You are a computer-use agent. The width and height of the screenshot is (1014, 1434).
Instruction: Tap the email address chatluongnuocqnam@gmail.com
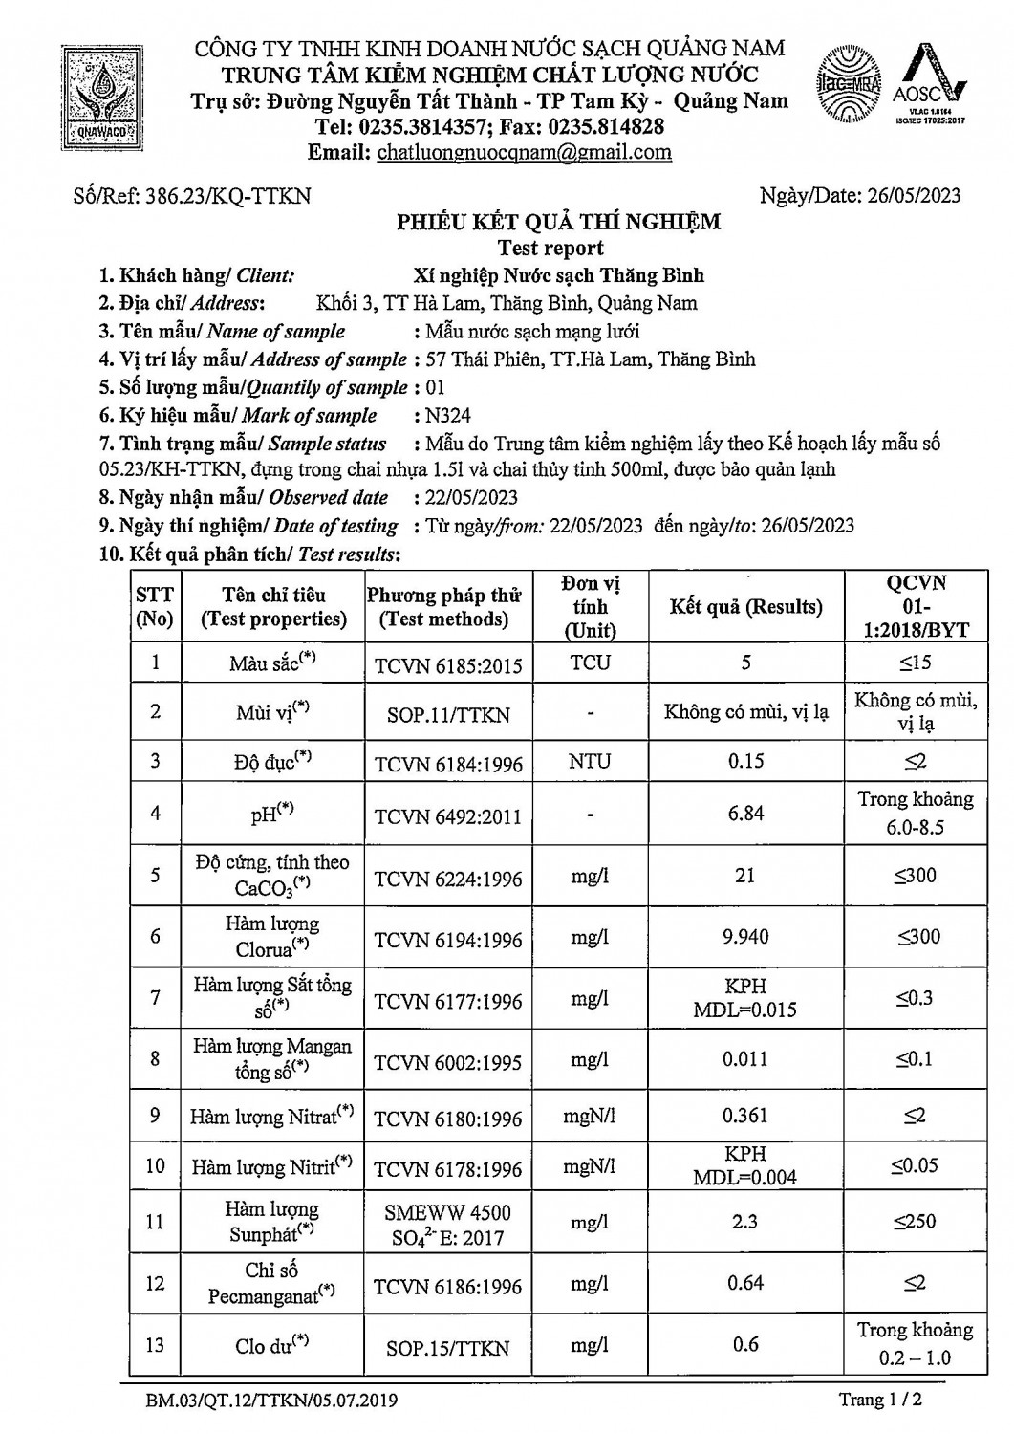coord(524,153)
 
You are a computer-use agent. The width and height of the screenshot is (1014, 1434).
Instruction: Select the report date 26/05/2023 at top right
coord(914,196)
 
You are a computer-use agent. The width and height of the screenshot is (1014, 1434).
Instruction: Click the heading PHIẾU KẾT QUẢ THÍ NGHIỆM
coord(559,223)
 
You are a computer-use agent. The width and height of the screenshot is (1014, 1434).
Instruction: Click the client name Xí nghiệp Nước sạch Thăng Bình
coord(559,276)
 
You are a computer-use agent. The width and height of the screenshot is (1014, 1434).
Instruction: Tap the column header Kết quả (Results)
coord(745,607)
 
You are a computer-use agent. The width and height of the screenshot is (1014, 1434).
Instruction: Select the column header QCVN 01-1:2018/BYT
coord(915,606)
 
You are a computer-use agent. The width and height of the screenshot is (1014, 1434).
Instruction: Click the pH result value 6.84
coord(745,813)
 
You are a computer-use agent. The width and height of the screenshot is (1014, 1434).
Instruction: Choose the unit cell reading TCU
coord(590,663)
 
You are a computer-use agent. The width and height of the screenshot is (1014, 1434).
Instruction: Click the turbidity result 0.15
coord(745,761)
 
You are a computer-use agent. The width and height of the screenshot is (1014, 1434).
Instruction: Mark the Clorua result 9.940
coord(745,937)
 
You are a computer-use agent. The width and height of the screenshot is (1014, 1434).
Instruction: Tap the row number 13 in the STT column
coord(155,1345)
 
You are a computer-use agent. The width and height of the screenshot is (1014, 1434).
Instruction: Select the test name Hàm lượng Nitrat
coord(271,1116)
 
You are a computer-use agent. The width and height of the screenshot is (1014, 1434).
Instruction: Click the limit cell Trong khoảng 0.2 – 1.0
coord(915,1343)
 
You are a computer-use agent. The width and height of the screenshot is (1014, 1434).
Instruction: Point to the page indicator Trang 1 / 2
coord(881,1401)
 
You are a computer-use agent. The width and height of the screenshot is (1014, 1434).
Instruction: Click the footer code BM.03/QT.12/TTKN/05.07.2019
coord(272,1401)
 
